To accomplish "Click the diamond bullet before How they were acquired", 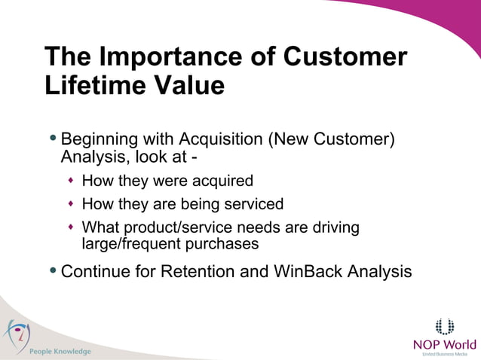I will [x=71, y=182].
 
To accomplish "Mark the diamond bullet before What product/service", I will [x=71, y=227].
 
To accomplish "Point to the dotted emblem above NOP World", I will [x=445, y=326].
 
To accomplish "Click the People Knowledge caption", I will [x=60, y=352].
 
